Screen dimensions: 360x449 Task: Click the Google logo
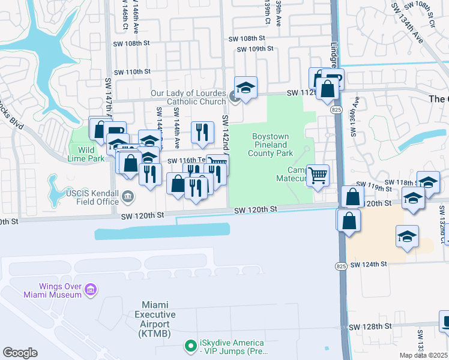tap(20, 353)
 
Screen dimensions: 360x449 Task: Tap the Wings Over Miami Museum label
tap(52, 290)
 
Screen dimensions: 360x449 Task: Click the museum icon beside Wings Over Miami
tap(91, 290)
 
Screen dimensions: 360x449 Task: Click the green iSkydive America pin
tap(190, 346)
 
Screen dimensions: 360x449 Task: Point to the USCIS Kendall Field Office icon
tap(127, 196)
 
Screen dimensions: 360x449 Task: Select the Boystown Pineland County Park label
tap(270, 145)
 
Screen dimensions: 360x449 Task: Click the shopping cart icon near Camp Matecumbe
tap(318, 175)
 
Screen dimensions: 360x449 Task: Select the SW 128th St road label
tap(372, 326)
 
